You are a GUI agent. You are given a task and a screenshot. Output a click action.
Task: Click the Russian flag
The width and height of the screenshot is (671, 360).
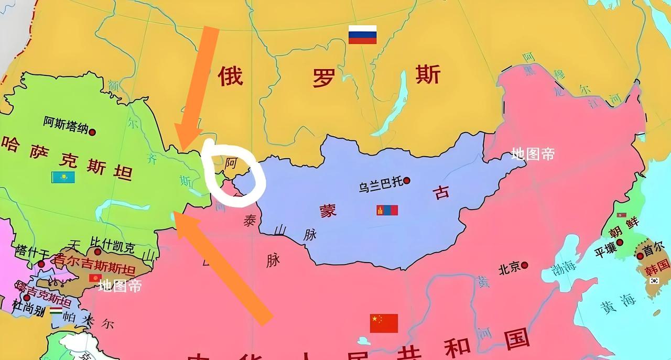tap(363, 35)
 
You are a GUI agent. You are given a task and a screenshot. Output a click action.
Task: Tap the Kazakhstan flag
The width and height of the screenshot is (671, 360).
tap(63, 177)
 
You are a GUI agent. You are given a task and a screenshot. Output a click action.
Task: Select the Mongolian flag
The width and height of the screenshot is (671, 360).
tap(387, 210)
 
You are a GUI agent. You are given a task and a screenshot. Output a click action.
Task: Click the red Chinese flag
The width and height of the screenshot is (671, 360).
tap(384, 323)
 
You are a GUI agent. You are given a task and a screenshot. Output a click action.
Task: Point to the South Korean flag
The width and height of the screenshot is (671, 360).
tap(654, 281)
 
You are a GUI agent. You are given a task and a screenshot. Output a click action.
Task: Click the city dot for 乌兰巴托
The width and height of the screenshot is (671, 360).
tap(407, 181)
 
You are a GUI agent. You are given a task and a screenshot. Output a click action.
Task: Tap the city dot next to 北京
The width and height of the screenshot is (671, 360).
tap(524, 265)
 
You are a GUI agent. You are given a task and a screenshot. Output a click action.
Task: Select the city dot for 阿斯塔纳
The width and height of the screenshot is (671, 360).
tap(92, 132)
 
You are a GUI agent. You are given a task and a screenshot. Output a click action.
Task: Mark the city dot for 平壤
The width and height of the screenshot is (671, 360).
tap(620, 243)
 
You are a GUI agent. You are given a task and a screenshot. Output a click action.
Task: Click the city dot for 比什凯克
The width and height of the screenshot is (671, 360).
tap(98, 252)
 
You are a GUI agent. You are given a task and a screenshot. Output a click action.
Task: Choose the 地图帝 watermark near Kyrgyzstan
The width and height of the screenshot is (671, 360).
tap(120, 286)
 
